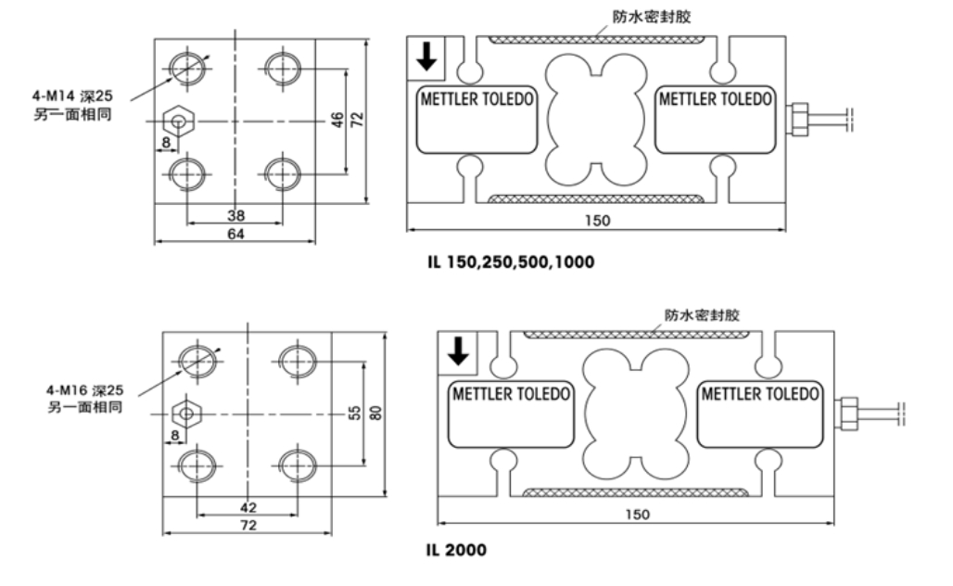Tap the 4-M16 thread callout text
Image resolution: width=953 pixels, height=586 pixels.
pyautogui.click(x=84, y=389)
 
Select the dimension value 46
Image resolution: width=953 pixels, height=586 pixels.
pyautogui.click(x=338, y=121)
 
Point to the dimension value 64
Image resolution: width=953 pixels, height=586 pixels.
pyautogui.click(x=235, y=235)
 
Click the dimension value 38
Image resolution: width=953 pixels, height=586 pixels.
pyautogui.click(x=235, y=214)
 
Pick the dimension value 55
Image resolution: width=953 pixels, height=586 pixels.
pyautogui.click(x=354, y=414)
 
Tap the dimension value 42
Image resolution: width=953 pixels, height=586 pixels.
pyautogui.click(x=248, y=507)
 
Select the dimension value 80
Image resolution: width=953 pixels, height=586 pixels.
pyautogui.click(x=375, y=414)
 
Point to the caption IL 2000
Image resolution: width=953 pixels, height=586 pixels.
pyautogui.click(x=456, y=550)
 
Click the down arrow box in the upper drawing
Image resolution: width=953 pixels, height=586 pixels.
pyautogui.click(x=426, y=57)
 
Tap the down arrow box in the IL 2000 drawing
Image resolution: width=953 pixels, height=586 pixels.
pyautogui.click(x=457, y=351)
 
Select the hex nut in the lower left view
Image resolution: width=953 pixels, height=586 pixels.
pyautogui.click(x=186, y=413)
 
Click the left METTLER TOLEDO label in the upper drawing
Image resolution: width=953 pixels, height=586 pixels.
pyautogui.click(x=477, y=99)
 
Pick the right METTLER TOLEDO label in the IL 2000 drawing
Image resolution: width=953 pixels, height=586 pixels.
pyautogui.click(x=760, y=393)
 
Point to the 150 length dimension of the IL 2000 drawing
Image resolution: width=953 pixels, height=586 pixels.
pyautogui.click(x=638, y=515)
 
